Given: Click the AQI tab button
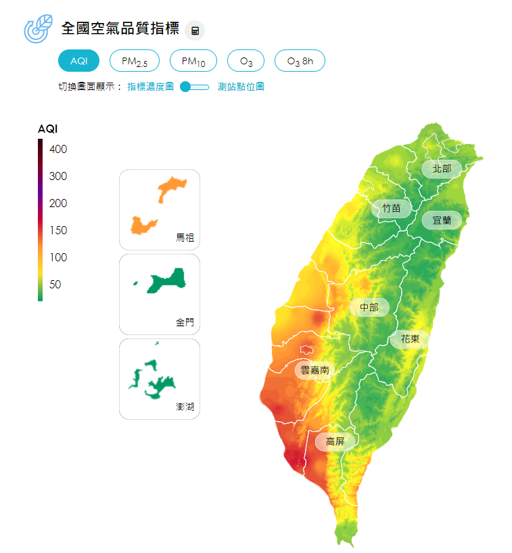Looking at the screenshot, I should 78,61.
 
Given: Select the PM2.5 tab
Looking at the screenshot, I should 134,61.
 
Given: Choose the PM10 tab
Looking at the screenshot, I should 193,61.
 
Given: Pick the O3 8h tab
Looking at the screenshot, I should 300,61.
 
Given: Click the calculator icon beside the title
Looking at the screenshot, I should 195,30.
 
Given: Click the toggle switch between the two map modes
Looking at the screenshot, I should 195,87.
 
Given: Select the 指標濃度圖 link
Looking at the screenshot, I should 150,87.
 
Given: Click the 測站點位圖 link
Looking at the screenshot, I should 241,87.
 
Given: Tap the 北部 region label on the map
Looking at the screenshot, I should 442,168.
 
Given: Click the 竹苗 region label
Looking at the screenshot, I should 392,208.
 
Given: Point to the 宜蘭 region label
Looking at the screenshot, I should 442,220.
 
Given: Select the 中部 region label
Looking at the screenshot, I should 369,307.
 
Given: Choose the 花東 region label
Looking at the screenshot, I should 410,339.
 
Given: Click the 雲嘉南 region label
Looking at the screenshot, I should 315,370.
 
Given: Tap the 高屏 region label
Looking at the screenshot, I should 335,442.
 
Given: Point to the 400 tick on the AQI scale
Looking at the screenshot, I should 58,149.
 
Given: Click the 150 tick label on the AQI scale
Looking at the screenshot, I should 58,230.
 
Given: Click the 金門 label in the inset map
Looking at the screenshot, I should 185,322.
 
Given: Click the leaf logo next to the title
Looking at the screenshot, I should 38,29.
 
